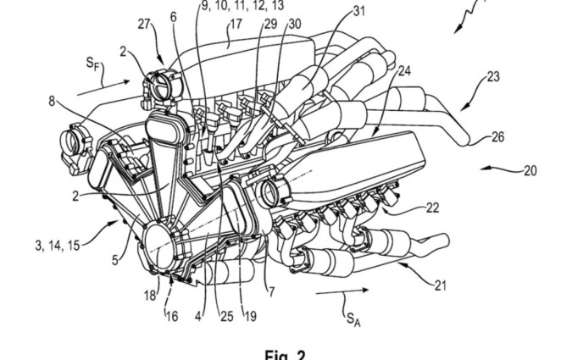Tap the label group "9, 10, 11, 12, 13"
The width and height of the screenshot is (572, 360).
[242, 5]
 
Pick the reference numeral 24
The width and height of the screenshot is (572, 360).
[404, 71]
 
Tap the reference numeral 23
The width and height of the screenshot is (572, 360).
[492, 76]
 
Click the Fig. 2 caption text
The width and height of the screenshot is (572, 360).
[285, 355]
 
